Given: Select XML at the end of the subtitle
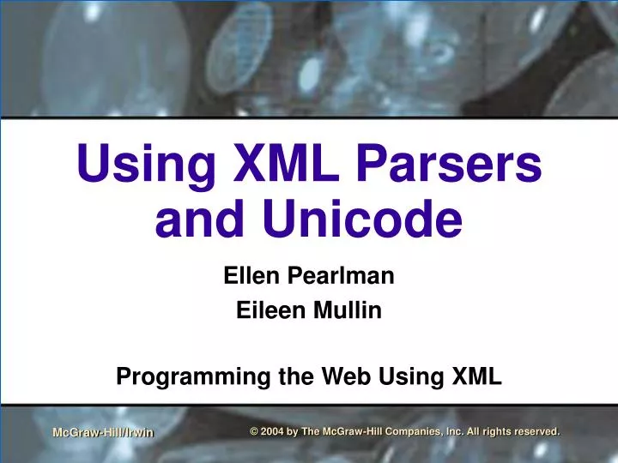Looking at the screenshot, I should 476,376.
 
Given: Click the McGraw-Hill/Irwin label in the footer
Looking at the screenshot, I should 103,433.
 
